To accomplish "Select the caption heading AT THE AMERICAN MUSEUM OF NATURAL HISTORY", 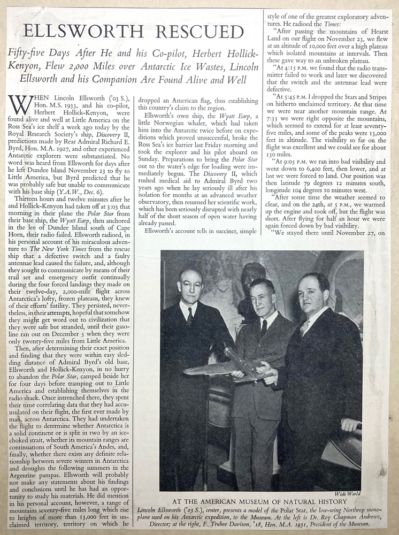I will tap(253, 502).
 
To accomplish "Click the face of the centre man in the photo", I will tap(262, 297).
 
